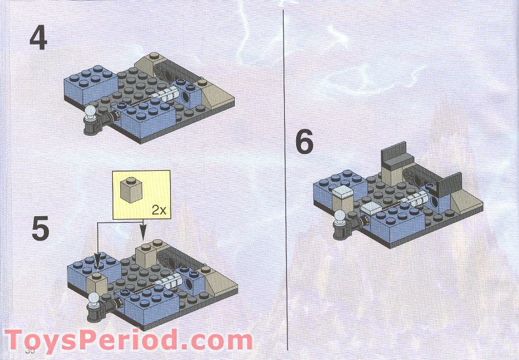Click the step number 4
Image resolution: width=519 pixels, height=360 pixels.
tap(38, 39)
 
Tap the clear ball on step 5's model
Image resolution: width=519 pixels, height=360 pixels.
tap(95, 299)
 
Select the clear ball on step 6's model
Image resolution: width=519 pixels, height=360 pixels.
tap(341, 217)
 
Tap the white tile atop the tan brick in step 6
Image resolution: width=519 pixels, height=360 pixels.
tap(344, 191)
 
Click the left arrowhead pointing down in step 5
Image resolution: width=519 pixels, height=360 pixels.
tap(96, 259)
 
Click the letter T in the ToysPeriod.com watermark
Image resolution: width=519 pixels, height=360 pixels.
tap(18, 342)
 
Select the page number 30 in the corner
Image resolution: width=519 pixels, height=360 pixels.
tap(29, 351)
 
